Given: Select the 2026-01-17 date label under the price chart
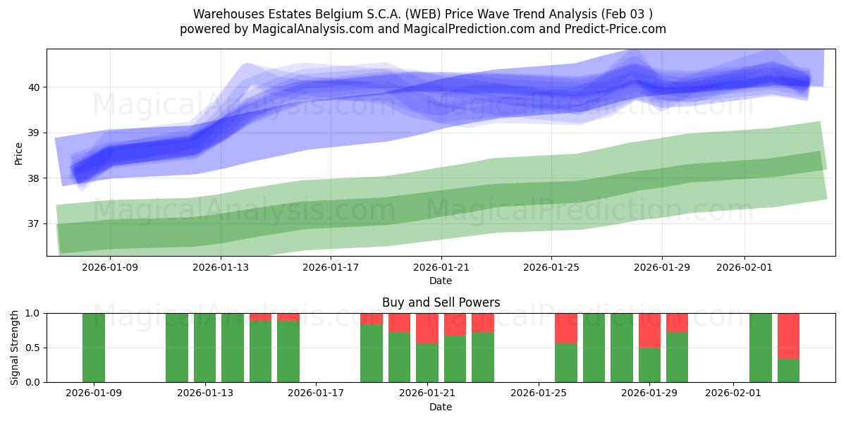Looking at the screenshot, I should [331, 267].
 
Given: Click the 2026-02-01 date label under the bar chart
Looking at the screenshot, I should [734, 393].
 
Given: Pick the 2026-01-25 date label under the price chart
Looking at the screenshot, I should [551, 267].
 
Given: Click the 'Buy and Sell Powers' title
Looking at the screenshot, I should [441, 302].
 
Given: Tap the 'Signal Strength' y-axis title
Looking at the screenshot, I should [15, 348].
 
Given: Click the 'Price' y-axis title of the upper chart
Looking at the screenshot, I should [19, 153].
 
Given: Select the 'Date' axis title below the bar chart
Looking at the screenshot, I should [441, 407].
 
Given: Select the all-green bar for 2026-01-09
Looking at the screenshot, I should [94, 348].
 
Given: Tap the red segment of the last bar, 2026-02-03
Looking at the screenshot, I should [788, 336].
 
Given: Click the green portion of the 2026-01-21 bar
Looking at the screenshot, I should [427, 362].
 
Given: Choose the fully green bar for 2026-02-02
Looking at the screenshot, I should [761, 348].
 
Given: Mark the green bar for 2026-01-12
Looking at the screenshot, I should [177, 348].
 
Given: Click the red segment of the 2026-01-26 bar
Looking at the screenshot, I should [566, 328].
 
